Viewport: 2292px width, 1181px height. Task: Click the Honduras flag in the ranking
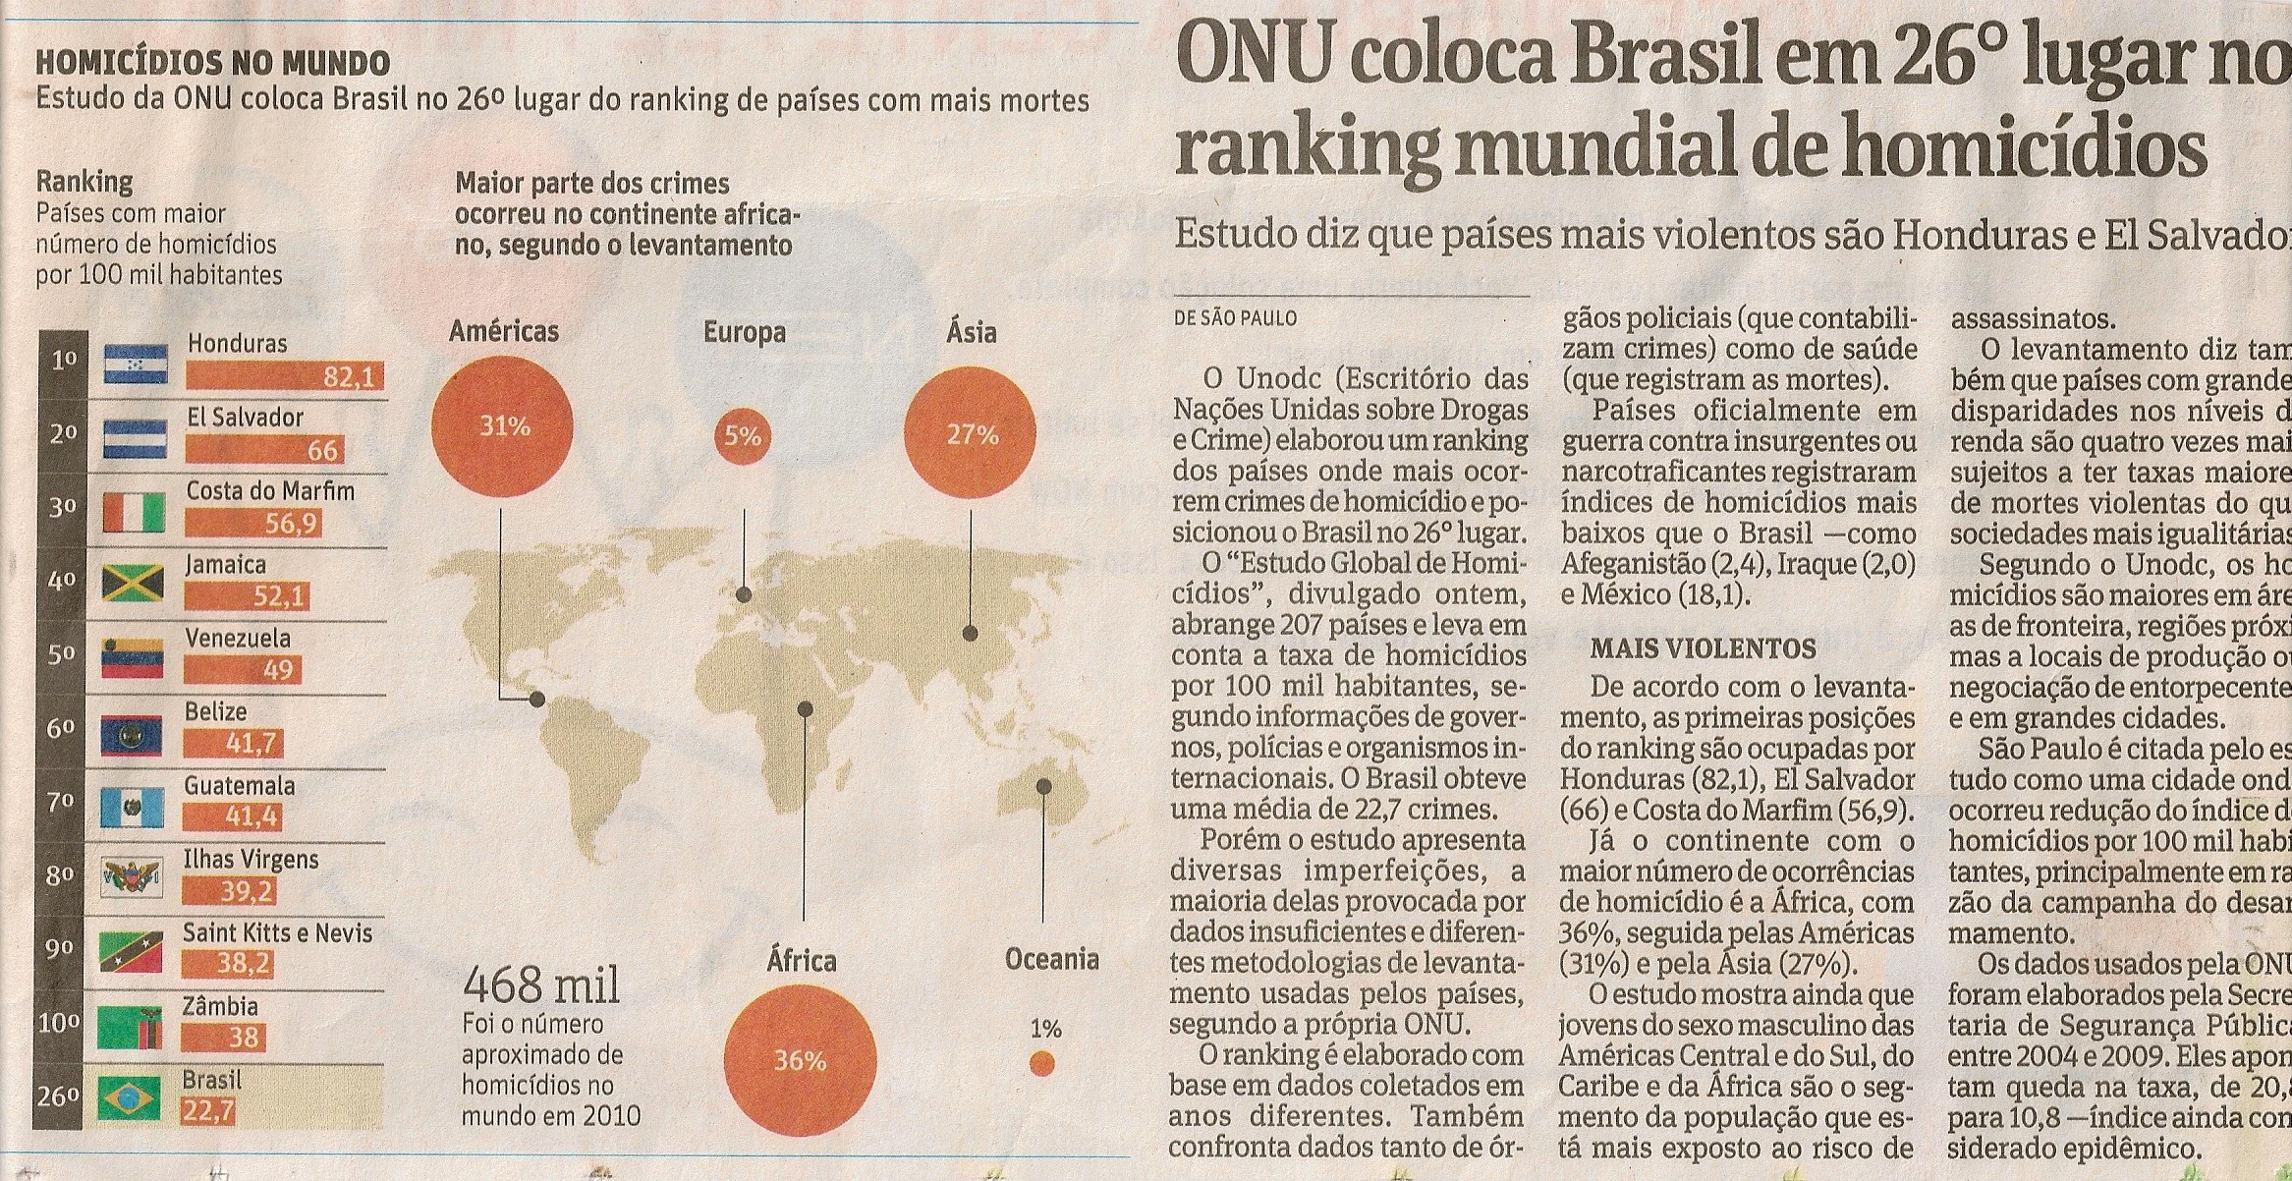pyautogui.click(x=136, y=365)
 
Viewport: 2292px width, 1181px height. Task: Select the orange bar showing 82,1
pyautogui.click(x=284, y=377)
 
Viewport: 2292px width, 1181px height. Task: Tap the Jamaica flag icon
pyautogui.click(x=133, y=584)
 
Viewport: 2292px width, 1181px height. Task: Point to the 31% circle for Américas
pyautogui.click(x=504, y=427)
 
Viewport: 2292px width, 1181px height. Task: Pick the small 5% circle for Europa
pyautogui.click(x=743, y=435)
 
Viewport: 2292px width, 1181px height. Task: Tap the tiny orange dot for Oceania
pyautogui.click(x=1042, y=1064)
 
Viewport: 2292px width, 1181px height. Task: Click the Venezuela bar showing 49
pyautogui.click(x=240, y=671)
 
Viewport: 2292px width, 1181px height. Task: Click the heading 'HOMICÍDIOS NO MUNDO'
pyautogui.click(x=212, y=65)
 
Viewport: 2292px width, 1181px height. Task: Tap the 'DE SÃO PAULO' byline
pyautogui.click(x=1236, y=318)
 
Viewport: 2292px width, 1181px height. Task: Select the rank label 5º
pyautogui.click(x=63, y=654)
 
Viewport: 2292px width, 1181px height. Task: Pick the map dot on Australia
pyautogui.click(x=1043, y=787)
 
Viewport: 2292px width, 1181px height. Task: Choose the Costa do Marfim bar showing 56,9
pyautogui.click(x=253, y=525)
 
